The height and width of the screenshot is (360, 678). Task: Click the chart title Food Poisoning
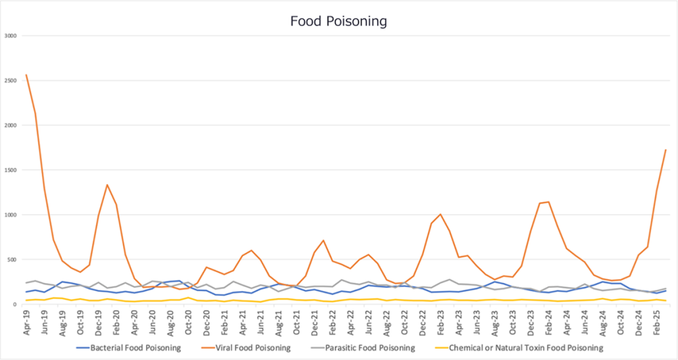[338, 21]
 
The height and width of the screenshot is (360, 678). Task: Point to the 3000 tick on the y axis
[11, 35]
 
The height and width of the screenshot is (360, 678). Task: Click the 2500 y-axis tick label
[11, 80]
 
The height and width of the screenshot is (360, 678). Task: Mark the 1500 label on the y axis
[11, 169]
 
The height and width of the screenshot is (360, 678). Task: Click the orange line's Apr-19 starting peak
[26, 74]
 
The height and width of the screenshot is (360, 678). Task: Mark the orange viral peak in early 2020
[107, 185]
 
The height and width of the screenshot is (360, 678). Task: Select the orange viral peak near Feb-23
[440, 214]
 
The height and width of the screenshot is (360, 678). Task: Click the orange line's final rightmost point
[665, 150]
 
